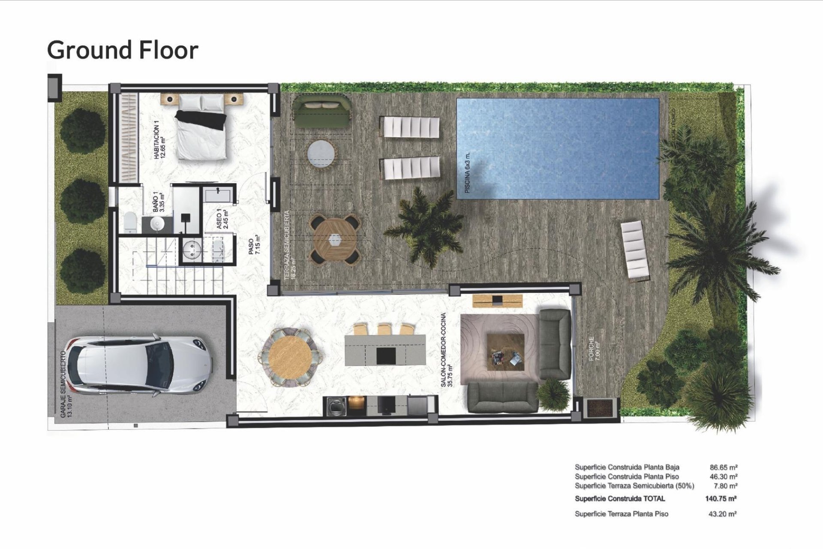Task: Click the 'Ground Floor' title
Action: pyautogui.click(x=123, y=50)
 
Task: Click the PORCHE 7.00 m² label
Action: pyautogui.click(x=593, y=348)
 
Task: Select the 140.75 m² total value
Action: pyautogui.click(x=721, y=498)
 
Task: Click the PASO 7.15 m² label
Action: pyautogui.click(x=254, y=245)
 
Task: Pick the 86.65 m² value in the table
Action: pyautogui.click(x=724, y=467)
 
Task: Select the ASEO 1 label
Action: pyautogui.click(x=222, y=219)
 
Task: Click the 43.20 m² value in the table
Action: pyautogui.click(x=722, y=513)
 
